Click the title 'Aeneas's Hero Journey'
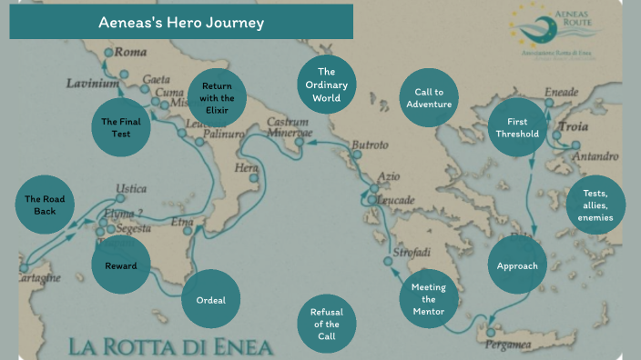[x=181, y=23]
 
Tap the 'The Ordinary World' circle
[x=327, y=84]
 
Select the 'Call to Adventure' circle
[x=428, y=98]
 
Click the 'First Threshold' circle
[x=516, y=127]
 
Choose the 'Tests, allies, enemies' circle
[x=595, y=205]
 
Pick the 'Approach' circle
[x=517, y=266]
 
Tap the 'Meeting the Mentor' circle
[x=428, y=299]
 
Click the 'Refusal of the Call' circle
[x=326, y=324]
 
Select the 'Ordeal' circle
[x=210, y=300]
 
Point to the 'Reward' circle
[x=120, y=266]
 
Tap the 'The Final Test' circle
[x=121, y=127]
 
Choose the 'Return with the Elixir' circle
[x=217, y=98]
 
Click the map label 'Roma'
[x=130, y=52]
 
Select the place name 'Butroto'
[x=370, y=145]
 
